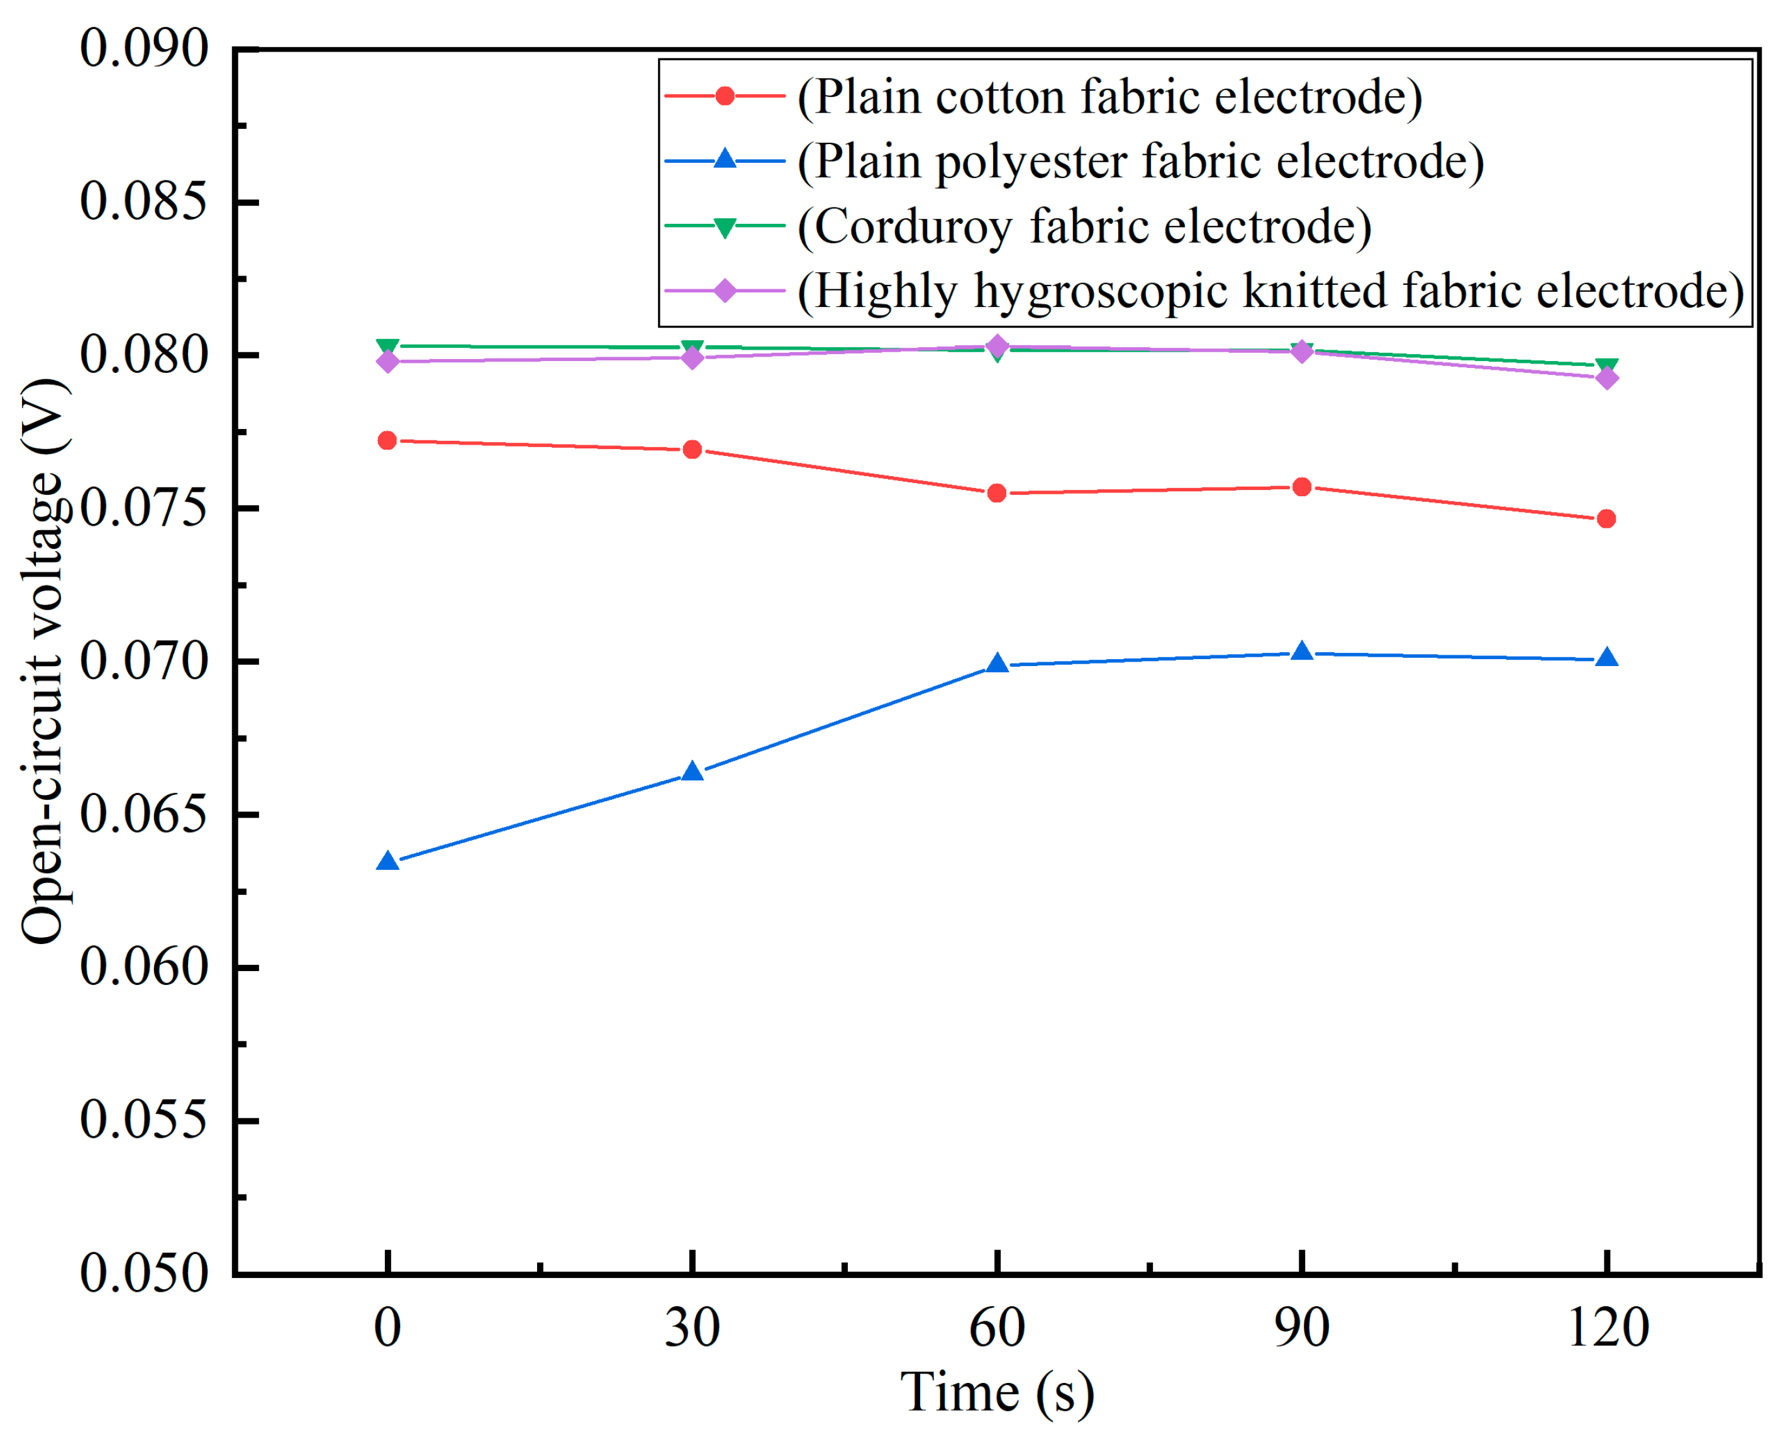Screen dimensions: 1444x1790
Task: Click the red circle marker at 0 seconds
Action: click(x=387, y=441)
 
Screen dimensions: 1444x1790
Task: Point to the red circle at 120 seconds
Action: click(x=1606, y=519)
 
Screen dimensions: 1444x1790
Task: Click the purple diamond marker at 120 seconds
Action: click(x=1607, y=379)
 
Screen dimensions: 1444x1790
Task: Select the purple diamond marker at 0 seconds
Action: click(x=387, y=361)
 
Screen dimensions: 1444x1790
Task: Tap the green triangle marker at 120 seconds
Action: click(x=1607, y=366)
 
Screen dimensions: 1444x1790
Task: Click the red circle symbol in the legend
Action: click(x=725, y=96)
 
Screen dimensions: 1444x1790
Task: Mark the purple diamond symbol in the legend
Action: click(x=725, y=291)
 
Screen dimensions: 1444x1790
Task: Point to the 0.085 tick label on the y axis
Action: click(x=143, y=201)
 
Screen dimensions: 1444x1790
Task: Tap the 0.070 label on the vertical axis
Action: click(x=143, y=661)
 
